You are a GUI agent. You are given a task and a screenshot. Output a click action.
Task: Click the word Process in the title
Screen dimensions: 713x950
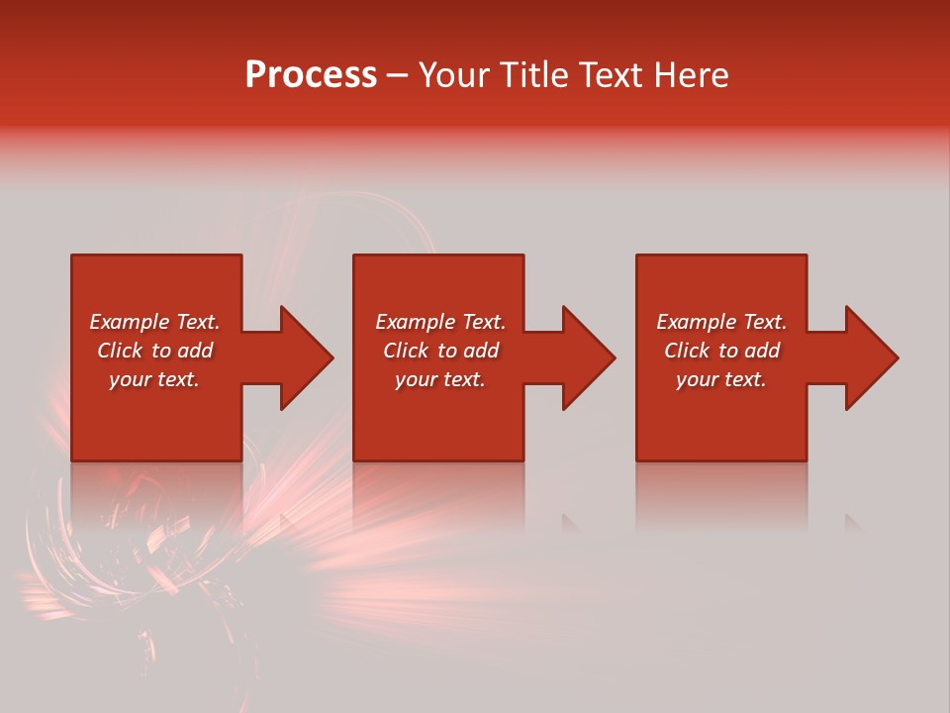(311, 75)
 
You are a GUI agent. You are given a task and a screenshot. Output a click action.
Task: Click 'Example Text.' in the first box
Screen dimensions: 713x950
(154, 322)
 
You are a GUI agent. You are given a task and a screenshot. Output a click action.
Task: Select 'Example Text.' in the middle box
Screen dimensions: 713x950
(440, 322)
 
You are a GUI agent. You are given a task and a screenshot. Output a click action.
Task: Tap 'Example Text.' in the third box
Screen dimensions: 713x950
(721, 322)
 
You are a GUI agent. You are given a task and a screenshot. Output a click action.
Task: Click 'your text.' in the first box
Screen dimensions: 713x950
(154, 379)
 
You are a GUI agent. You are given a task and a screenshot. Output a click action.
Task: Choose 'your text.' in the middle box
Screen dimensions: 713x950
(440, 379)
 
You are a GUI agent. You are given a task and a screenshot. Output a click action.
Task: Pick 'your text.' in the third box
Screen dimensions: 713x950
(721, 379)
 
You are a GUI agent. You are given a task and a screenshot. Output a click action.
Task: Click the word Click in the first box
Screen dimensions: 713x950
(121, 351)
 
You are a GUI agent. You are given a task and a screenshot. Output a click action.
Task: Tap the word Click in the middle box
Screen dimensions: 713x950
(407, 351)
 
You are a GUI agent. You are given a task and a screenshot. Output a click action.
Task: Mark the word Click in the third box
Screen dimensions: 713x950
(688, 351)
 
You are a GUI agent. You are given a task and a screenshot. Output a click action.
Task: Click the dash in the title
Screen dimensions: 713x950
(397, 75)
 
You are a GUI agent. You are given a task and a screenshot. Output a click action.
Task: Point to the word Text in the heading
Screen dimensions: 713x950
(608, 75)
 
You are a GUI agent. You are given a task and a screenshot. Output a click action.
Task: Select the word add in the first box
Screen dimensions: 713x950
(195, 351)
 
